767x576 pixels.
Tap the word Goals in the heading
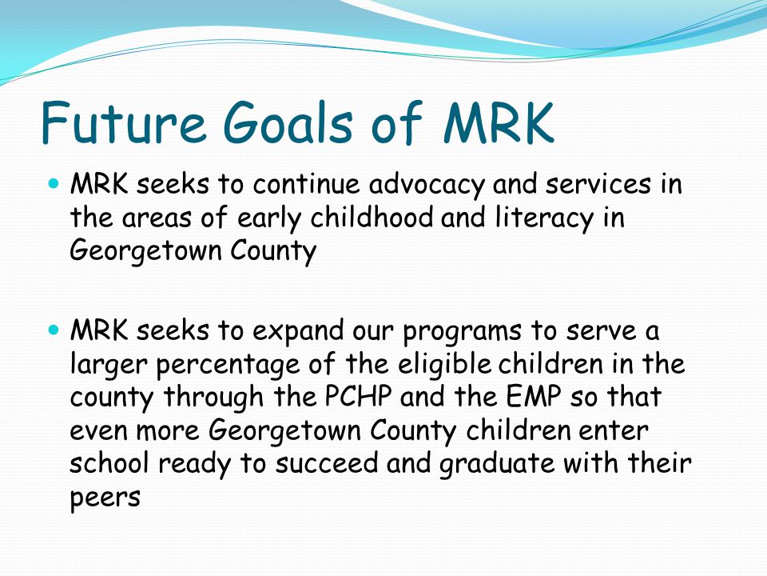[x=288, y=122]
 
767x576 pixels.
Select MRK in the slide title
[x=499, y=122]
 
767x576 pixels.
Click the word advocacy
[x=427, y=185]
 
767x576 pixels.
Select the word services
[x=598, y=184]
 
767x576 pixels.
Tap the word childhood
[x=372, y=217]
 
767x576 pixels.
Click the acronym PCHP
[x=358, y=396]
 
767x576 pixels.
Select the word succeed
[x=327, y=463]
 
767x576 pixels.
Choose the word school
[x=109, y=463]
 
